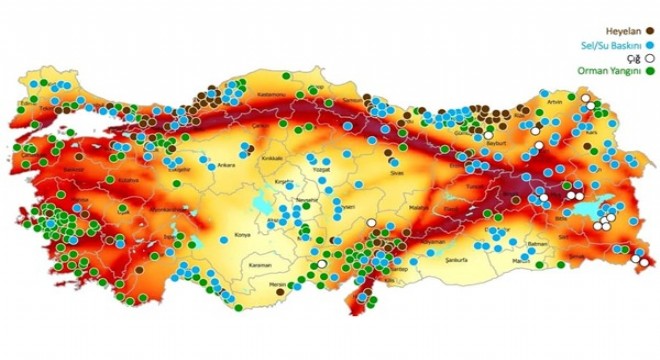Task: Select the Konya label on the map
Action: [x=242, y=236]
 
